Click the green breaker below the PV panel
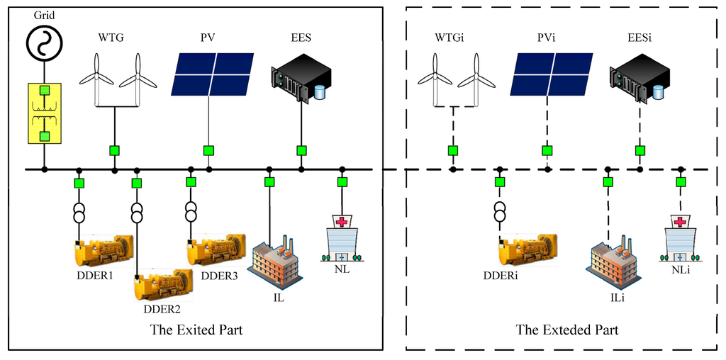[x=208, y=150]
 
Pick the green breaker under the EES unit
[x=301, y=150]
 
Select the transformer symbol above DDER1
[x=79, y=213]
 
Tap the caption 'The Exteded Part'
[x=566, y=330]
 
